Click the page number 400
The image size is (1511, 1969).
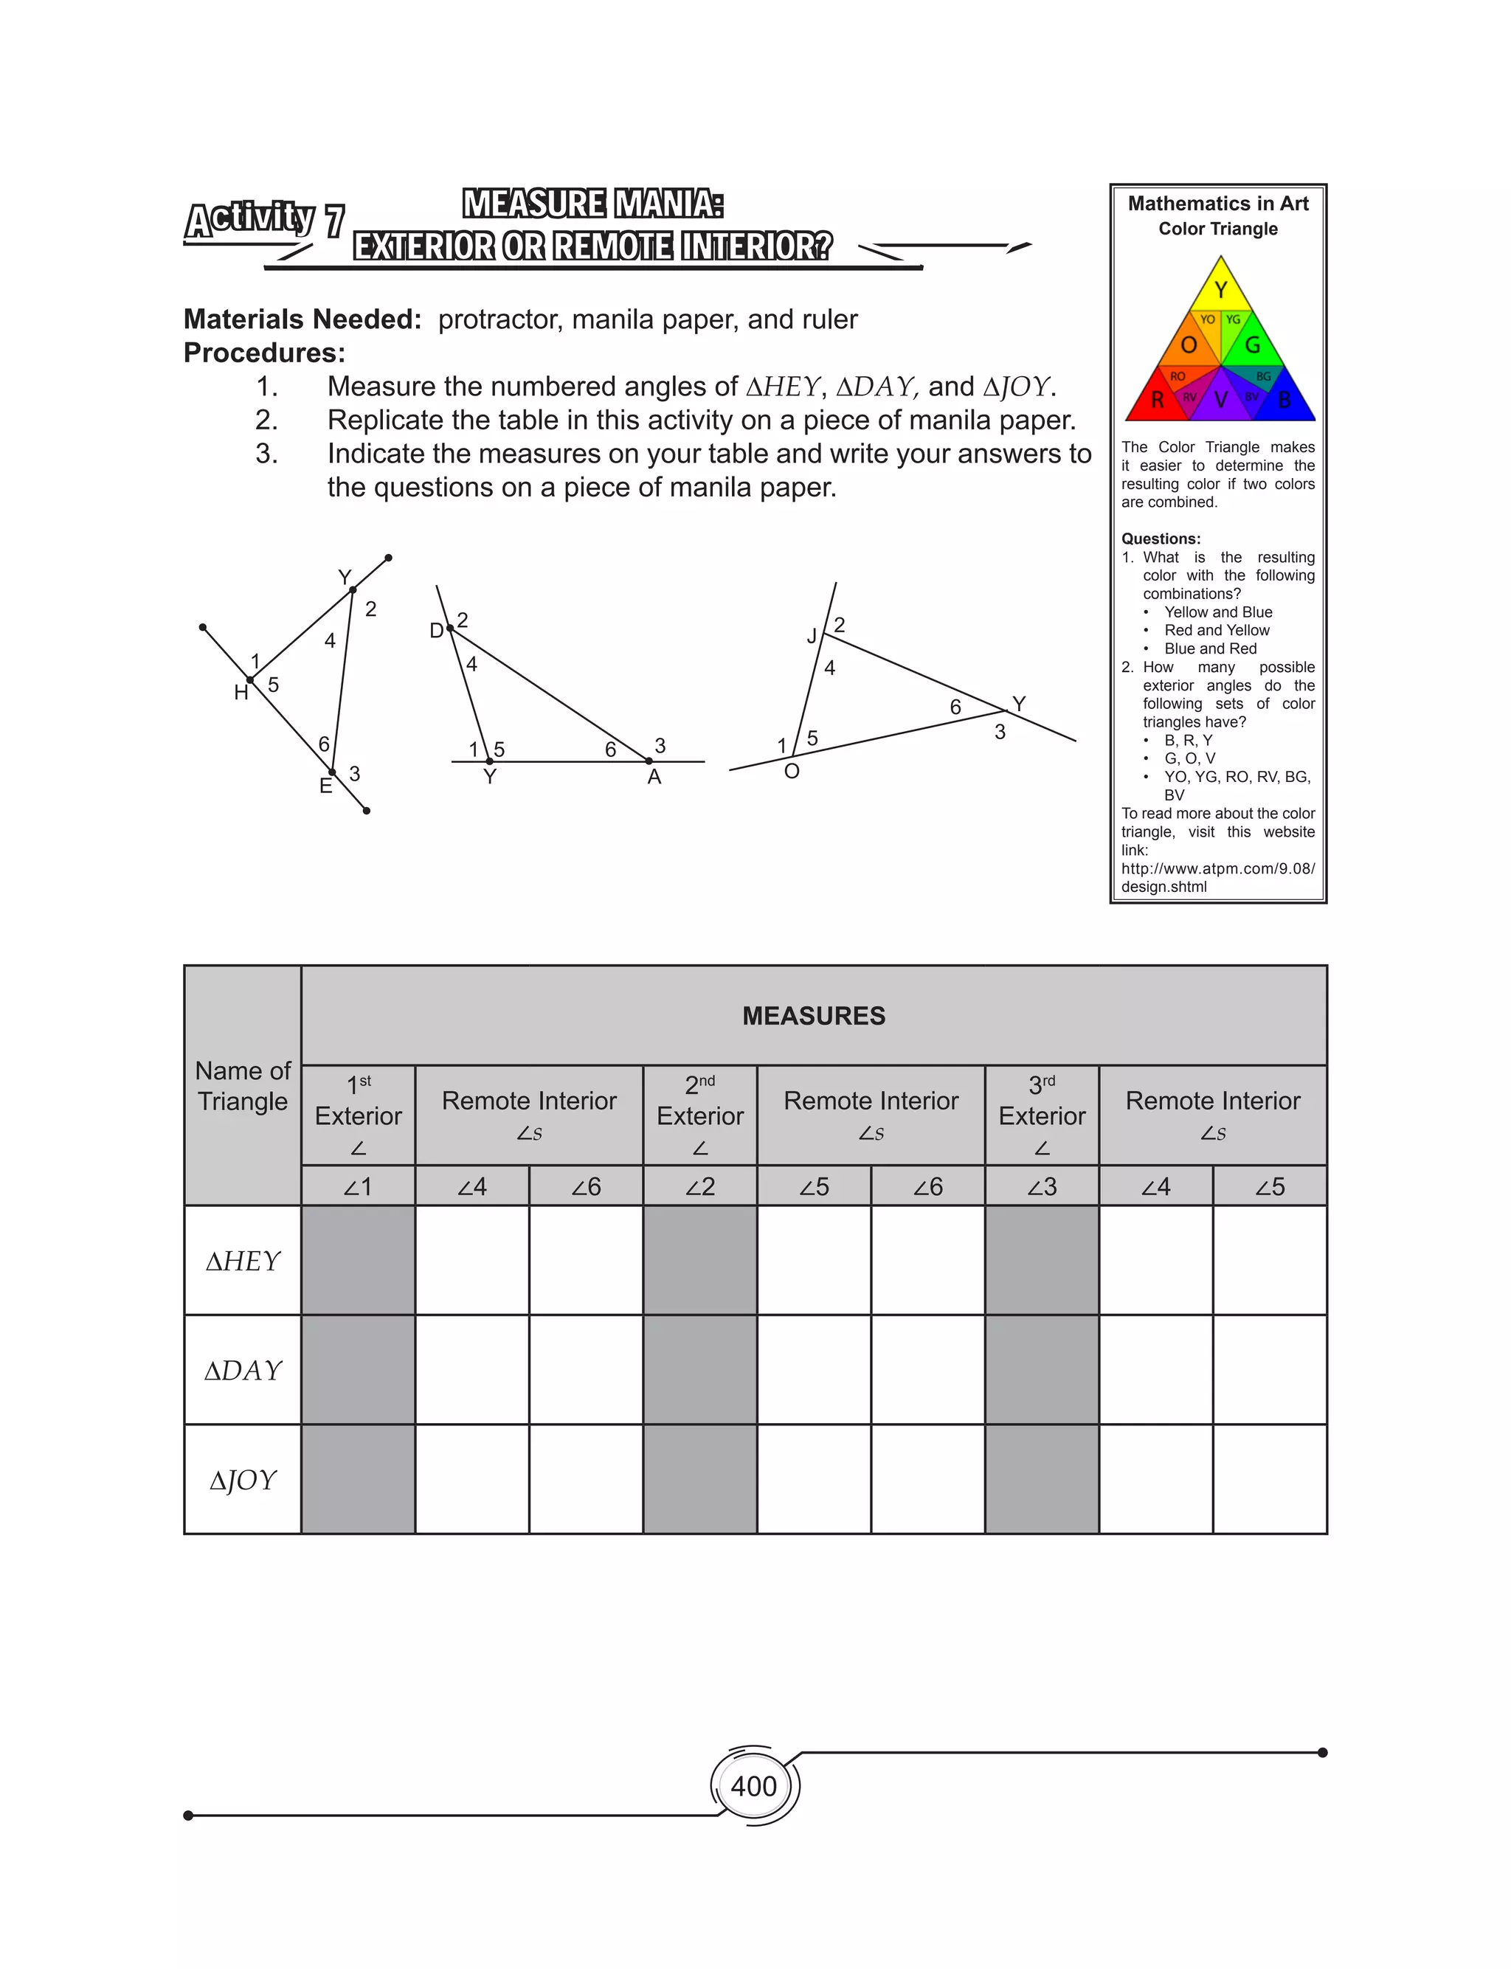754,1785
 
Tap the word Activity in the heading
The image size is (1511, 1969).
250,218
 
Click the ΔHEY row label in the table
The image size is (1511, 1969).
243,1261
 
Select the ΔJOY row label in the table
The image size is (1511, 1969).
243,1479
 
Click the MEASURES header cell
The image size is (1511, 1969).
813,1016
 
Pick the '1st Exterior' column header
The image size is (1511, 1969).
358,1115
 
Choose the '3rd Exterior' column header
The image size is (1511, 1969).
1042,1115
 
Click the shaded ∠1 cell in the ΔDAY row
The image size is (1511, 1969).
358,1369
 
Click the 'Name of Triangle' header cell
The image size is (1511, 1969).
243,1085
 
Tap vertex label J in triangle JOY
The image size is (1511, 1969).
812,637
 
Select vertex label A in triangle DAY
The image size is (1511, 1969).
654,777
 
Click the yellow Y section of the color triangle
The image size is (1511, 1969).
1220,289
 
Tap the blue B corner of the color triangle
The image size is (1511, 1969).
1284,400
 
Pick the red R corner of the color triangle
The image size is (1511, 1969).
1158,400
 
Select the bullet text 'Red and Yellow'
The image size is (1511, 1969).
1217,630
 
